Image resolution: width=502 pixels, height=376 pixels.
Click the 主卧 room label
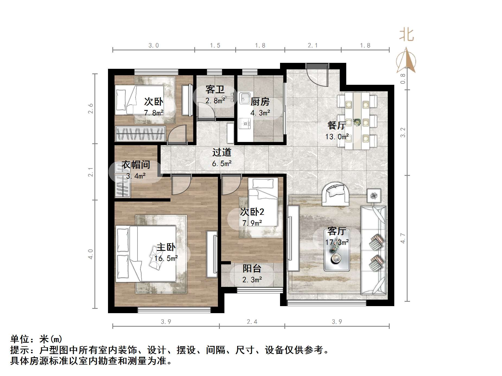(x=166, y=247)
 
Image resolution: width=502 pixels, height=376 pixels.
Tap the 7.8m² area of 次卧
(x=154, y=113)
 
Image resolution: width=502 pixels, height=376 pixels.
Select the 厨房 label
(x=260, y=102)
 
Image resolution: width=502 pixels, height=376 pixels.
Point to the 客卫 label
(x=215, y=89)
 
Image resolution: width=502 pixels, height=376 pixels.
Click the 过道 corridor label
(x=222, y=152)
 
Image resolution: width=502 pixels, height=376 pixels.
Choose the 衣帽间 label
(x=136, y=165)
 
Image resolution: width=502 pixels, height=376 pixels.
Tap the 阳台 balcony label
(x=252, y=268)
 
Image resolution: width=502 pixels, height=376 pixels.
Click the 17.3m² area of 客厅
(x=337, y=242)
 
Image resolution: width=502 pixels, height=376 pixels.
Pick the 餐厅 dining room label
(x=336, y=125)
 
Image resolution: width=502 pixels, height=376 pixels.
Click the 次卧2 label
(x=252, y=212)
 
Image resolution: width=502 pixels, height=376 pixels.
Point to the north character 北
(x=406, y=35)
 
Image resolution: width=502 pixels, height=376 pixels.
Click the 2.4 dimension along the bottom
(x=252, y=322)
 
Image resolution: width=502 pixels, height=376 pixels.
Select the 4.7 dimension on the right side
(x=403, y=238)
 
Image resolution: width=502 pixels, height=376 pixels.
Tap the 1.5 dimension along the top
(x=215, y=45)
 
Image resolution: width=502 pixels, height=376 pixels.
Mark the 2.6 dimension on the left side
(x=91, y=108)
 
